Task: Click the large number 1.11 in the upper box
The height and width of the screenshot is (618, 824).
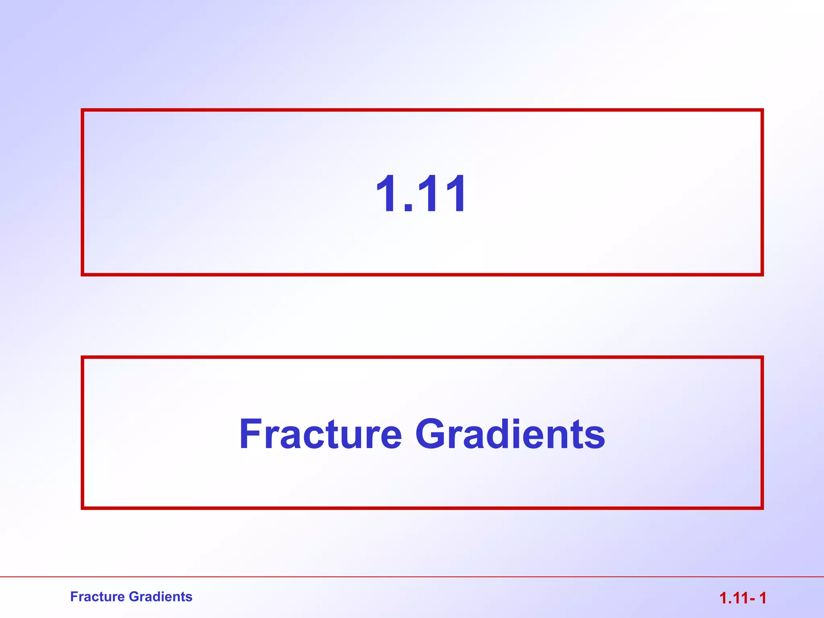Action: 421,194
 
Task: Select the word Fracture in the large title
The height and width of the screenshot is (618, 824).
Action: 320,434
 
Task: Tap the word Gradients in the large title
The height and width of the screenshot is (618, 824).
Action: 510,434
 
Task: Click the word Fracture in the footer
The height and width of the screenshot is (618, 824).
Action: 97,597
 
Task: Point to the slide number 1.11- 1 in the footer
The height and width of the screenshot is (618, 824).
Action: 742,598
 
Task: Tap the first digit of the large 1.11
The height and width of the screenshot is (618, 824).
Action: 387,194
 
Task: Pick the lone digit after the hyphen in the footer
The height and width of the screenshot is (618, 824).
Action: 762,598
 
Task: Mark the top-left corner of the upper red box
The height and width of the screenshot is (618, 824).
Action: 82,110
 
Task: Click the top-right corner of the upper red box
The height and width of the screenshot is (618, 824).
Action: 762,110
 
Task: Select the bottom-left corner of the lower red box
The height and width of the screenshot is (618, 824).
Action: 82,508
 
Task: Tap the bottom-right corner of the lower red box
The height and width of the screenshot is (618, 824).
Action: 762,508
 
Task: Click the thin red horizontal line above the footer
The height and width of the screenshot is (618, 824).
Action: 412,577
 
